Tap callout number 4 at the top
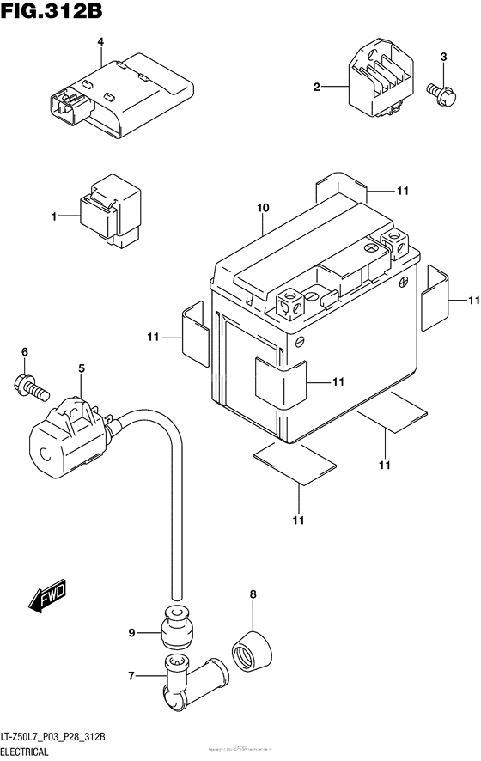point(100,41)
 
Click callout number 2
point(317,87)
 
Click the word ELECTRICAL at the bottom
point(35,752)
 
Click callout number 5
point(82,369)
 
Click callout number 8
point(253,594)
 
